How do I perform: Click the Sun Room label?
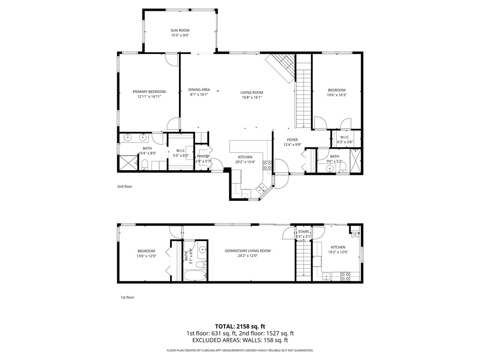coord(180,30)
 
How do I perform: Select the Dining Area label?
coord(199,90)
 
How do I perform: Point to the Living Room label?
coord(252,92)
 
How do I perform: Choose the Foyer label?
coord(292,140)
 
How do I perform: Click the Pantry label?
coord(203,156)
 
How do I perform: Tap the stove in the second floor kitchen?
coord(267,165)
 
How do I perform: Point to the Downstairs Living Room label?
coord(247,251)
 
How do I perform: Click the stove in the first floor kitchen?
coord(345,276)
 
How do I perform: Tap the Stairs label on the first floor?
coord(303,232)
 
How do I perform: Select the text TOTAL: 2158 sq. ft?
coord(240,326)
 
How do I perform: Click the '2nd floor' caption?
coord(125,187)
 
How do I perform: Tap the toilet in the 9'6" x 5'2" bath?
coord(343,167)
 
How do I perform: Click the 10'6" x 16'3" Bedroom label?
coord(337,90)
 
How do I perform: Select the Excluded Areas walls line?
coord(240,340)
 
